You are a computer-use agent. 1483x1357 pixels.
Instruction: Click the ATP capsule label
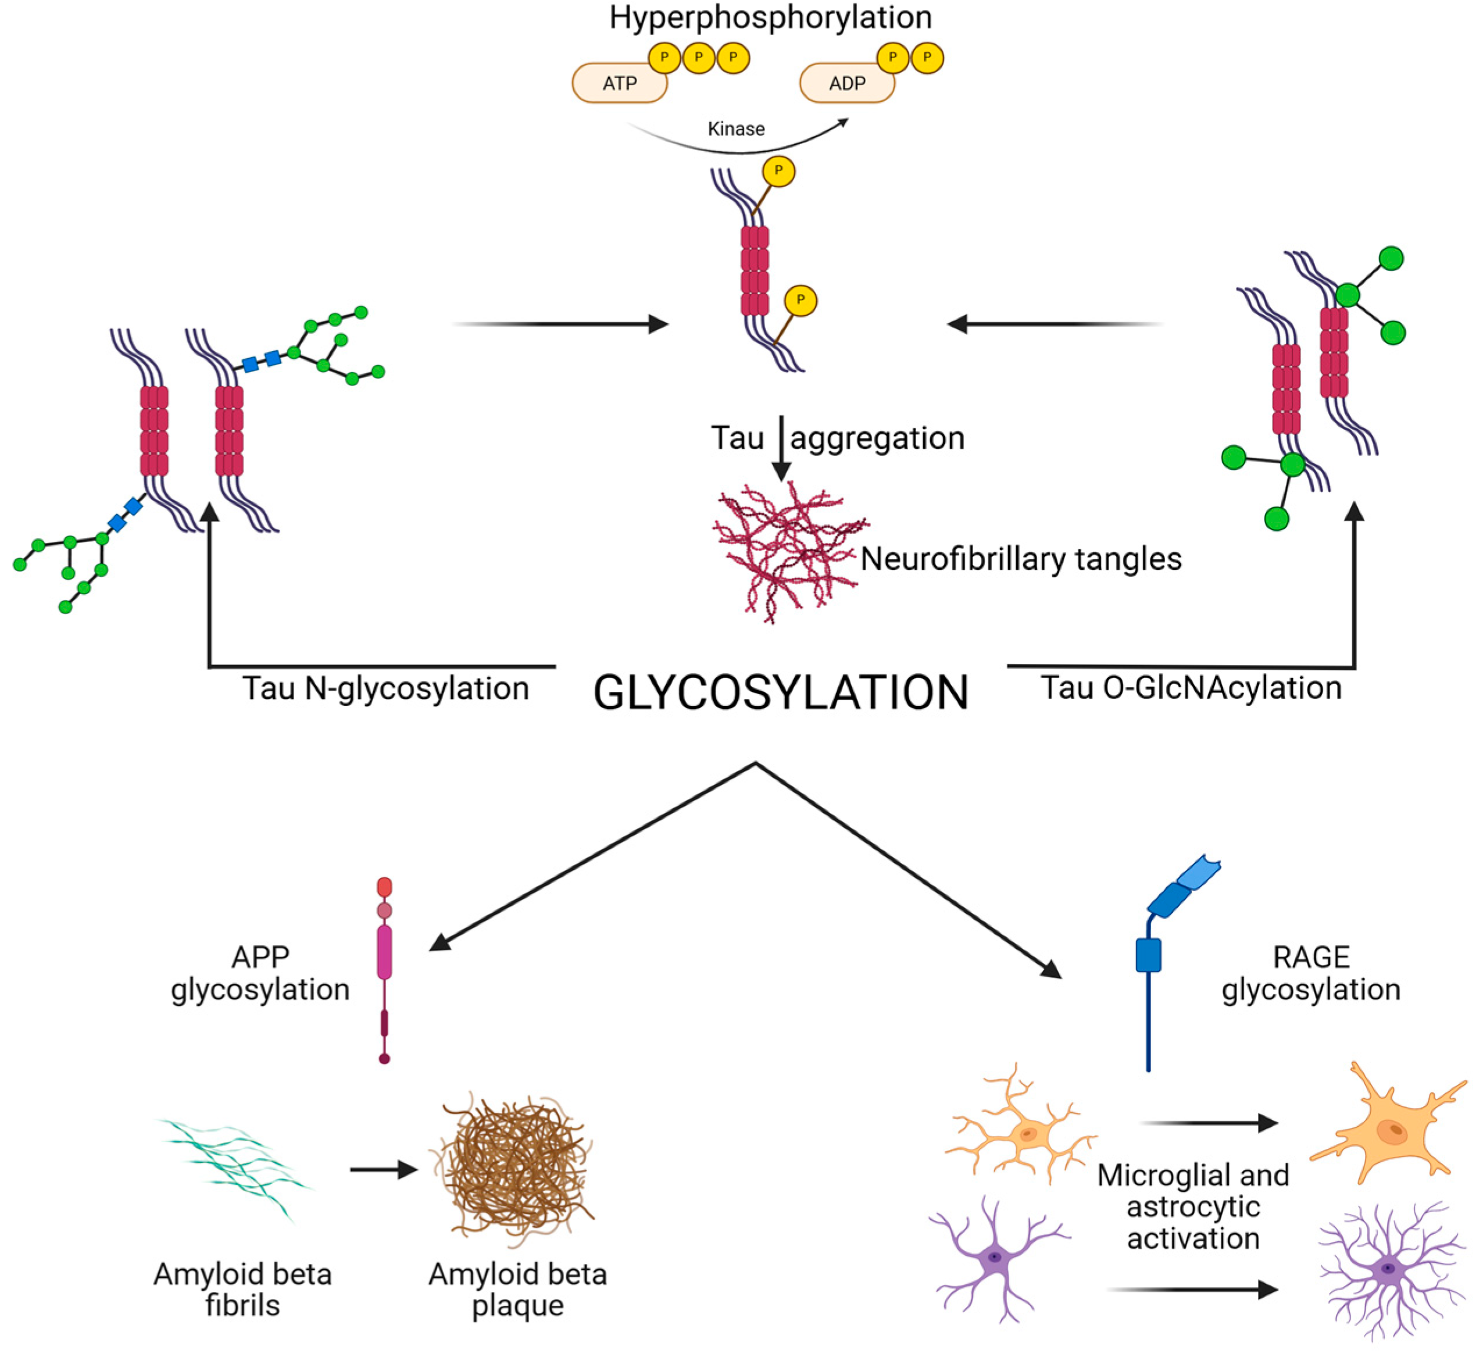point(619,83)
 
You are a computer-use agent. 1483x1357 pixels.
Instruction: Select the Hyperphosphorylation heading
point(770,17)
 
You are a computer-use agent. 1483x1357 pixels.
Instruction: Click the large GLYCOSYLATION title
point(781,693)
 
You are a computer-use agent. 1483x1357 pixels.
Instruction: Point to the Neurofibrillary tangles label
point(1020,559)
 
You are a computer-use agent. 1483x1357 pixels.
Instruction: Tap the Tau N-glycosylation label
point(385,688)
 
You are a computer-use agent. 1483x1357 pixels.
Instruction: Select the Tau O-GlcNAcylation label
point(1190,688)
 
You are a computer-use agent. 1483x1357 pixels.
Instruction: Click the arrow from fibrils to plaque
point(383,1169)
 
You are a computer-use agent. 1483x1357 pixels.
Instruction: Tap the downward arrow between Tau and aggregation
point(781,449)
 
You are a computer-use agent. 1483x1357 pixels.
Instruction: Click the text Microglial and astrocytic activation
point(1192,1206)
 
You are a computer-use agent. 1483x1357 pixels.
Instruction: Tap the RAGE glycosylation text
point(1311,973)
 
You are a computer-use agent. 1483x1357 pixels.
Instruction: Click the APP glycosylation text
point(260,973)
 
